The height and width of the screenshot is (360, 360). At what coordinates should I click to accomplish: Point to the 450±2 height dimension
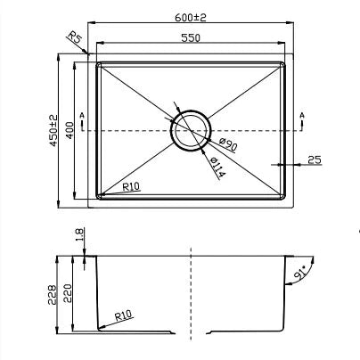(x=53, y=130)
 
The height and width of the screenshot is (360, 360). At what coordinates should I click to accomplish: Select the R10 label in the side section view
(x=125, y=314)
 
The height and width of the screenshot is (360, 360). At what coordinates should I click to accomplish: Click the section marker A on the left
(x=81, y=117)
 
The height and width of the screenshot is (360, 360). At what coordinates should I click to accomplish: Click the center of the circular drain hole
(x=190, y=130)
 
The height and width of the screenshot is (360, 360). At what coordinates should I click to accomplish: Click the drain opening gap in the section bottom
(x=192, y=332)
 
